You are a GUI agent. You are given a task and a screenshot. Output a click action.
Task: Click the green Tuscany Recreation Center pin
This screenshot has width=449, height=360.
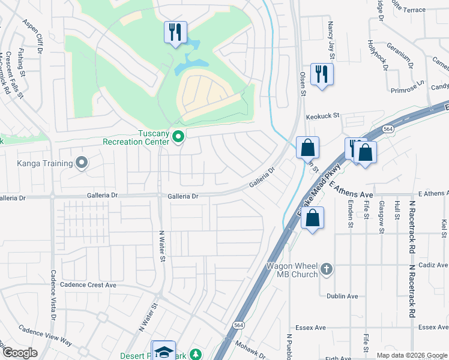[x=178, y=137]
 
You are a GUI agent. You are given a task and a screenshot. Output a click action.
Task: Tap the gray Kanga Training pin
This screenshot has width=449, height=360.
[x=82, y=163]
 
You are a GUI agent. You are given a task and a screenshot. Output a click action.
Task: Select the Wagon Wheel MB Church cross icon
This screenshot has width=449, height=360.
[x=326, y=269]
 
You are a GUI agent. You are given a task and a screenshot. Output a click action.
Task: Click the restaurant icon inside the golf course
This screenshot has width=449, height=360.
[x=175, y=32]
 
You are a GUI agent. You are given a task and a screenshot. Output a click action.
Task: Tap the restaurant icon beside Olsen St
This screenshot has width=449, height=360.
[x=322, y=74]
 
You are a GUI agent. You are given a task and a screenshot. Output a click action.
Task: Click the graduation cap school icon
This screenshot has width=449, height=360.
[x=164, y=352]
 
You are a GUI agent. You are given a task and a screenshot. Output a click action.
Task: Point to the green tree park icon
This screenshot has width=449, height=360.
[x=194, y=355]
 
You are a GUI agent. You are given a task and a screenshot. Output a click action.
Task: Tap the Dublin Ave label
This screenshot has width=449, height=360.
[x=342, y=296]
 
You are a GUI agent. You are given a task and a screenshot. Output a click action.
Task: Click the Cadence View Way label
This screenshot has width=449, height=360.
[x=45, y=336]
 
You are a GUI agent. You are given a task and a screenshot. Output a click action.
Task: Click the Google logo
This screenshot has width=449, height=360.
[x=19, y=353]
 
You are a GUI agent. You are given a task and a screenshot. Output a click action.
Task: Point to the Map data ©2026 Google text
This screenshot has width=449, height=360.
[x=411, y=355]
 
